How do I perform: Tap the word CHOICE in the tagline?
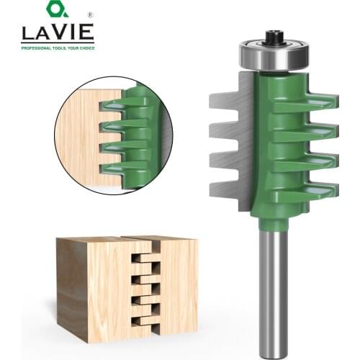pos(83,48)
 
